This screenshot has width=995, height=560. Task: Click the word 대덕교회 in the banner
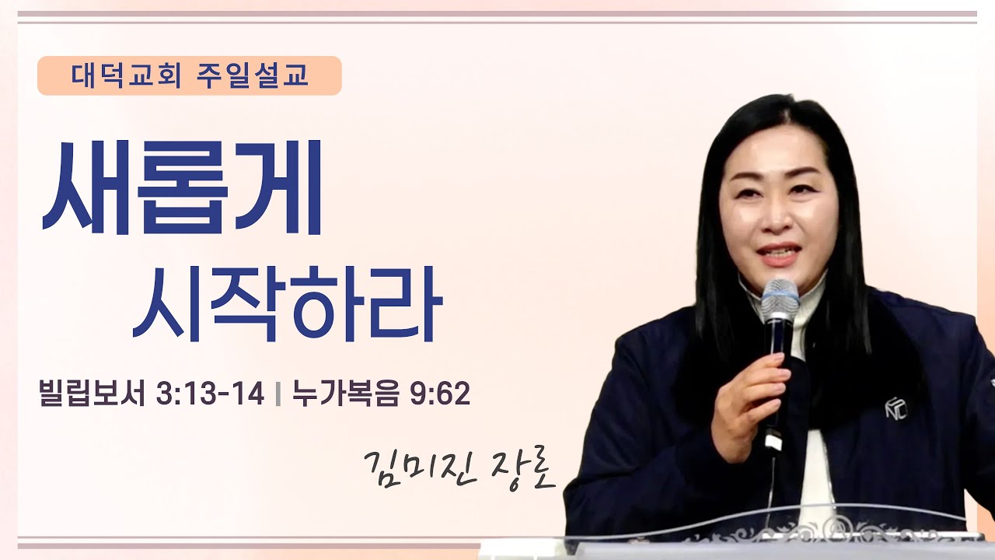coord(126,75)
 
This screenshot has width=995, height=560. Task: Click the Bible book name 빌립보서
coord(93,394)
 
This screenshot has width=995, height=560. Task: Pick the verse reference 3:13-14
coord(210,394)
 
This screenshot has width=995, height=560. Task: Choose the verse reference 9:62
coord(441,394)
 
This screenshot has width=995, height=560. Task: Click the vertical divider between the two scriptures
coord(278,395)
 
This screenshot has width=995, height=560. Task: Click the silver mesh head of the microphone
coord(780,299)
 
